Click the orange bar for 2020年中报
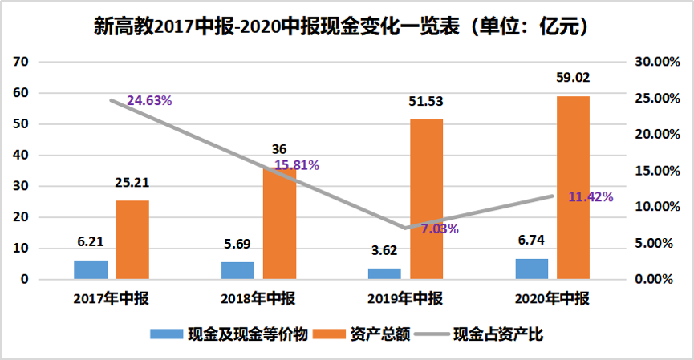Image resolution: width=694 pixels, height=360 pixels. click(573, 188)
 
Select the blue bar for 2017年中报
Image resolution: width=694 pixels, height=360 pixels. click(91, 270)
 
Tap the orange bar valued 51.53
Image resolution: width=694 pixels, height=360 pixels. click(426, 200)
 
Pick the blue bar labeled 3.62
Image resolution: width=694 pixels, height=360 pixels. click(384, 274)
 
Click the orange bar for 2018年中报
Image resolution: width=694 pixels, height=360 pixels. click(279, 224)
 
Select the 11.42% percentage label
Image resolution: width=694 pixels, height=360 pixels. click(591, 196)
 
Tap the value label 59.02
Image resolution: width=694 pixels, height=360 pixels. click(573, 79)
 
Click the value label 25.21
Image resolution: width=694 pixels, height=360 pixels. click(132, 183)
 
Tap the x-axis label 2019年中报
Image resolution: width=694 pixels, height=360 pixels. click(405, 299)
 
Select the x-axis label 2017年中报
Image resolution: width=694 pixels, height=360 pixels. click(111, 299)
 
